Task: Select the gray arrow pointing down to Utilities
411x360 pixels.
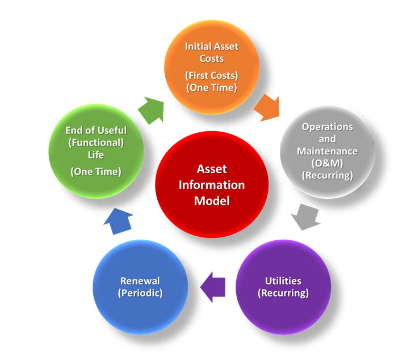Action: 307,216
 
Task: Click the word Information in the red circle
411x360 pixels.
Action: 212,185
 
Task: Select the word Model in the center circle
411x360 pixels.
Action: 212,201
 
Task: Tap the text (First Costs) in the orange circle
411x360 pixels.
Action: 212,74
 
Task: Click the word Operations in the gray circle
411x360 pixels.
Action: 328,126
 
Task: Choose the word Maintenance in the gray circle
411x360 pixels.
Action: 328,151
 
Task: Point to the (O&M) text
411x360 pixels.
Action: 328,164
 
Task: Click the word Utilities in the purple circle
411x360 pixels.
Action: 283,281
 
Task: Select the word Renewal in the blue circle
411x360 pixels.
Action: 140,281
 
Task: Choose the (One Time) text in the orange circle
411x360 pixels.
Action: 212,87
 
